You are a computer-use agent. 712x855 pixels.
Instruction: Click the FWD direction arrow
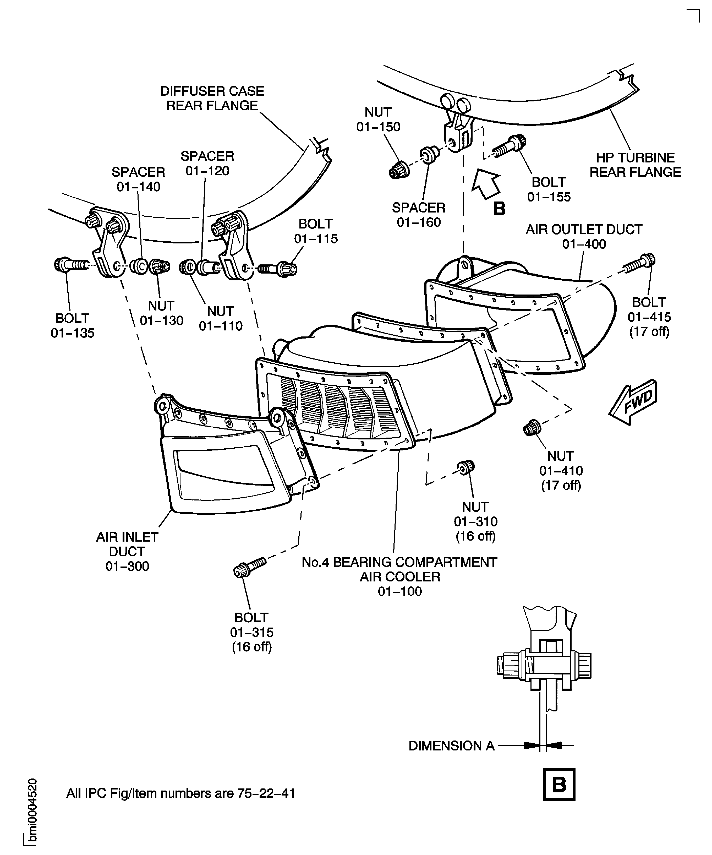(x=633, y=402)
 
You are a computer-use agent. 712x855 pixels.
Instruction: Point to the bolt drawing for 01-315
(x=249, y=567)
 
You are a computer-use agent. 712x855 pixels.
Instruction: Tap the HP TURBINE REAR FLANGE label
(x=635, y=165)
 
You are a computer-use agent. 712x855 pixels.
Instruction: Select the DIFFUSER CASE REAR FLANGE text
(x=212, y=98)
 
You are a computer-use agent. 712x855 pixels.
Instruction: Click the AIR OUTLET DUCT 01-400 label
(x=584, y=237)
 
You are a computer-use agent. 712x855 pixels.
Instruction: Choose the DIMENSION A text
(x=451, y=746)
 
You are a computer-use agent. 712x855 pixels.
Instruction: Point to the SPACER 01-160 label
(x=419, y=215)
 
